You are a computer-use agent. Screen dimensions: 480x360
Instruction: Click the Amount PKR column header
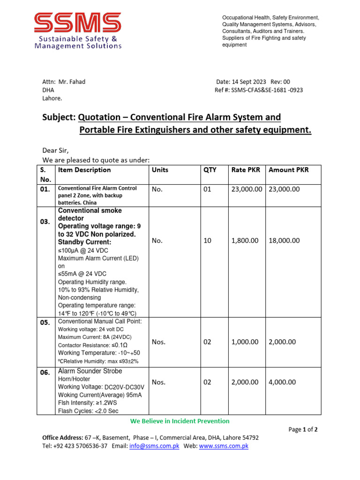point(288,170)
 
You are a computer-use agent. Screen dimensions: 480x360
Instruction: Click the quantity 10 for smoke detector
point(207,240)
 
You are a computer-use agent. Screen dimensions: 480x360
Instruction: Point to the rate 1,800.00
point(245,240)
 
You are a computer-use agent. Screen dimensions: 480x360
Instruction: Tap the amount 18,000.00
point(284,240)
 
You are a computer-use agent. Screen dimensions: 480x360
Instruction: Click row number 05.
point(45,323)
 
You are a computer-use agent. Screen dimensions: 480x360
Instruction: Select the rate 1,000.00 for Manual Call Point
point(245,342)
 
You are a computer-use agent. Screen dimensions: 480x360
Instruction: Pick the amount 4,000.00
point(282,382)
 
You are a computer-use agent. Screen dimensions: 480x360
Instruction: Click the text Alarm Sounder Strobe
point(90,371)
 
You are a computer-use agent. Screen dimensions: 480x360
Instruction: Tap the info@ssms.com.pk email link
point(154,446)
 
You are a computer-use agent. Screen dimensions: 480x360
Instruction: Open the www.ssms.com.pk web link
point(224,446)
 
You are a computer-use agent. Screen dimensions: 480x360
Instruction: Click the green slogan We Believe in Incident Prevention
point(180,421)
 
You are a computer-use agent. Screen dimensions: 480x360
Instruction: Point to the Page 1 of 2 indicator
point(303,429)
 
